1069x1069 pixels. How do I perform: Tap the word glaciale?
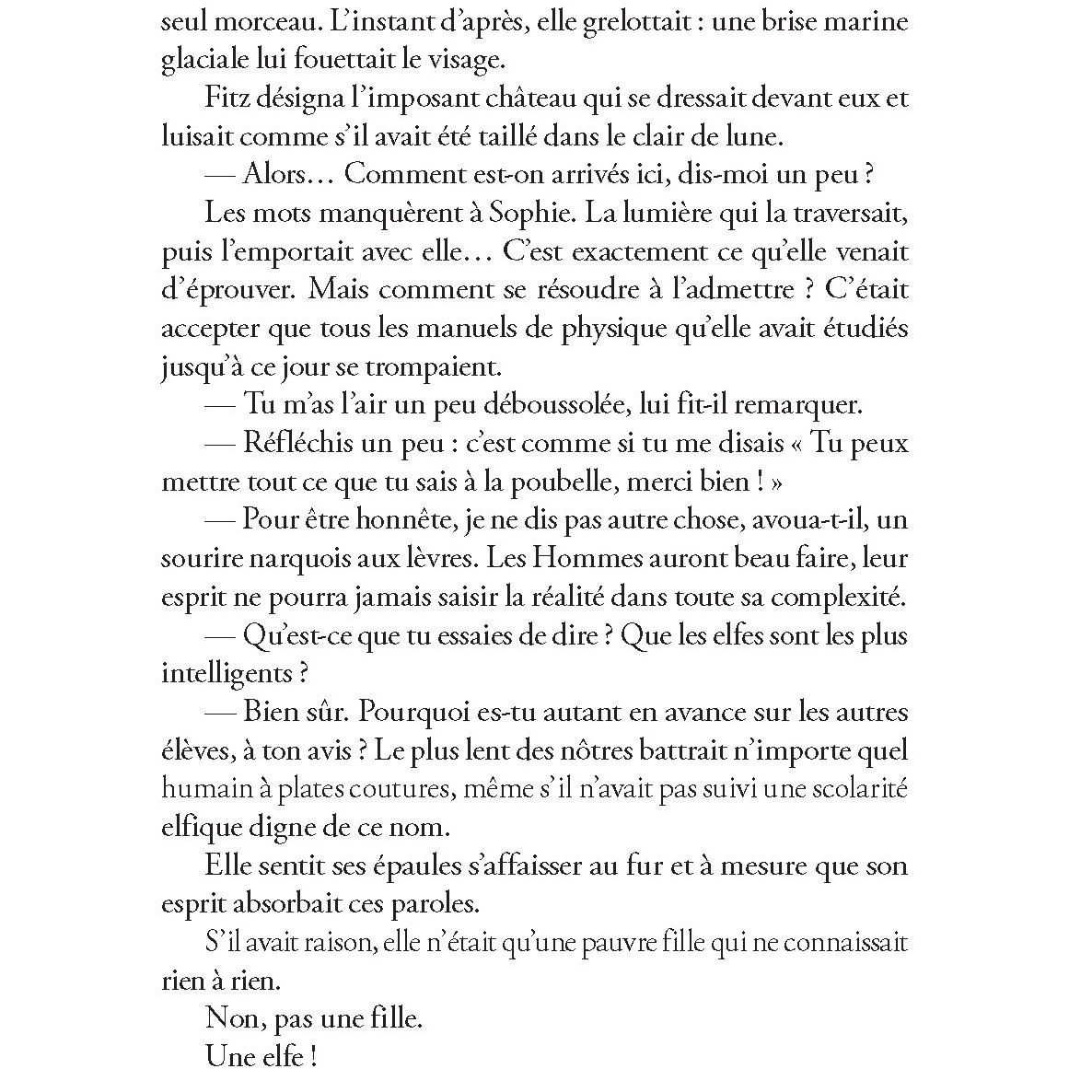207,59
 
